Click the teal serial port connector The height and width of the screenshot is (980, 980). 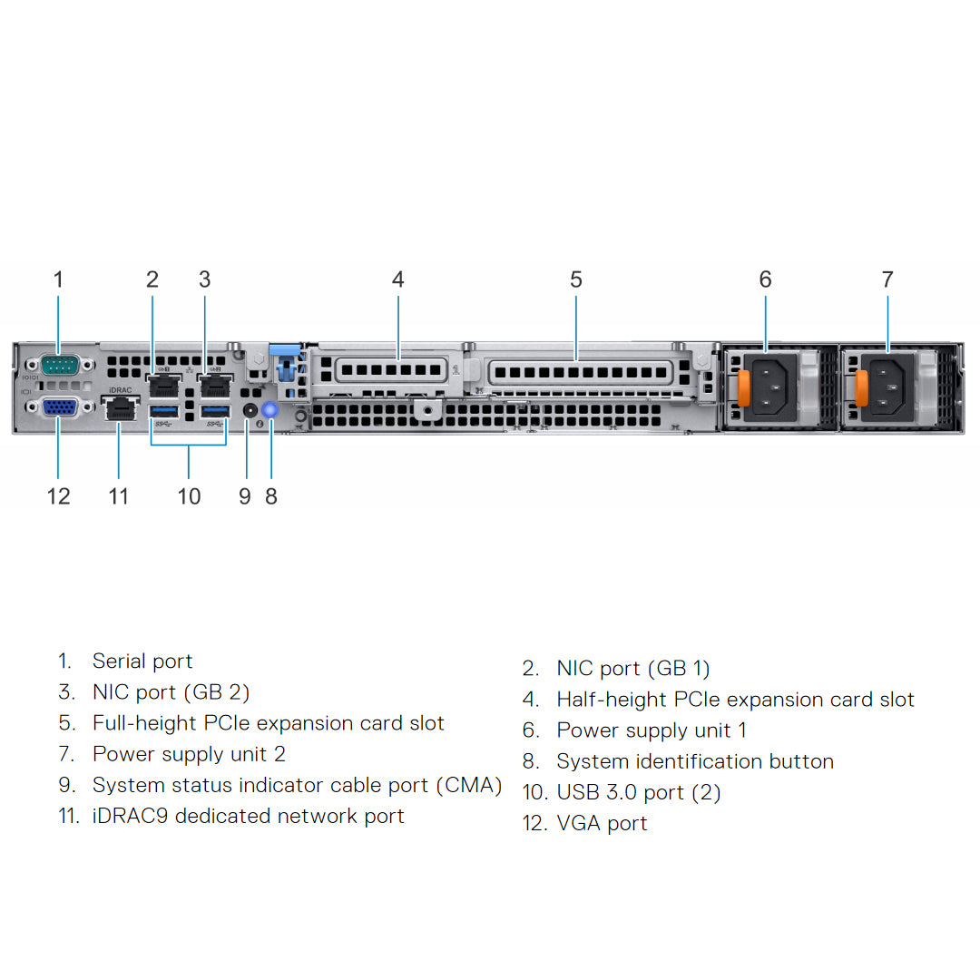click(59, 366)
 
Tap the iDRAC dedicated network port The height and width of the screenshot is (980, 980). click(118, 410)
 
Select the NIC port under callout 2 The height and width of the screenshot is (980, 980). click(164, 385)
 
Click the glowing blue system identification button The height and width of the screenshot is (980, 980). click(269, 410)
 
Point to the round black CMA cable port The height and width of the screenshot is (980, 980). click(250, 410)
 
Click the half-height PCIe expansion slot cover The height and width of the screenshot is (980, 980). click(391, 370)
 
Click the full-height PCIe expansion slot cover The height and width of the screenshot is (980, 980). click(581, 371)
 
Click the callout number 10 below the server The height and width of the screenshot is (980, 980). click(189, 496)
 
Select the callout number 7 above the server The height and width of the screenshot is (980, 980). click(887, 279)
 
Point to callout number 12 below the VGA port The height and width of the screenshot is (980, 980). click(58, 496)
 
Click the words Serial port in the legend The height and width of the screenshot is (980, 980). click(142, 661)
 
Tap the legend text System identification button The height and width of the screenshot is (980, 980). click(694, 761)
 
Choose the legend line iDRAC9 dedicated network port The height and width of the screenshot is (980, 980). click(248, 816)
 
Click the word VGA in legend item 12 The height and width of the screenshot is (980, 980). click(576, 823)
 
